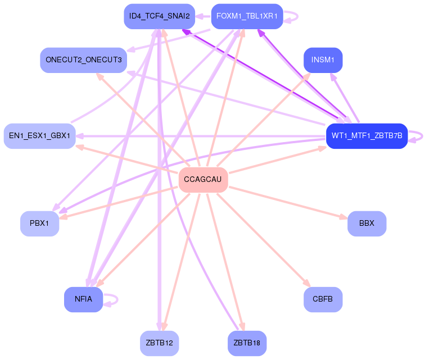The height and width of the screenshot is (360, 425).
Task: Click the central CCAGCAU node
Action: [203, 180]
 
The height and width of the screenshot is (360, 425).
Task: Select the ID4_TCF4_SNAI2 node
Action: [159, 16]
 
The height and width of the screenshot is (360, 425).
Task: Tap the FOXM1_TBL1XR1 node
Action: [247, 16]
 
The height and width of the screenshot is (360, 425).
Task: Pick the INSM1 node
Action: [323, 60]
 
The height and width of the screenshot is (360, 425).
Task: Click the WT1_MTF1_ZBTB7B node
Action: [367, 136]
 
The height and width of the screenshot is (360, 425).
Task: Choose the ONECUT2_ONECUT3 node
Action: [83, 60]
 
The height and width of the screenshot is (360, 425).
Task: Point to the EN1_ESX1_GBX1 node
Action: [39, 136]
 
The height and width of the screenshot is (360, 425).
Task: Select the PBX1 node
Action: [39, 224]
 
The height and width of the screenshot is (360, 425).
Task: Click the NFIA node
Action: [83, 299]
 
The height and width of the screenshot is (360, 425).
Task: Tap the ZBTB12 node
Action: [159, 343]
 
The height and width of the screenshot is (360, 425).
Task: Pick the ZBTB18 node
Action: [247, 343]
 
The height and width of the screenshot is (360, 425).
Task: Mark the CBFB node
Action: [323, 299]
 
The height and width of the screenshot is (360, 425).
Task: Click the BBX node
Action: [367, 224]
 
